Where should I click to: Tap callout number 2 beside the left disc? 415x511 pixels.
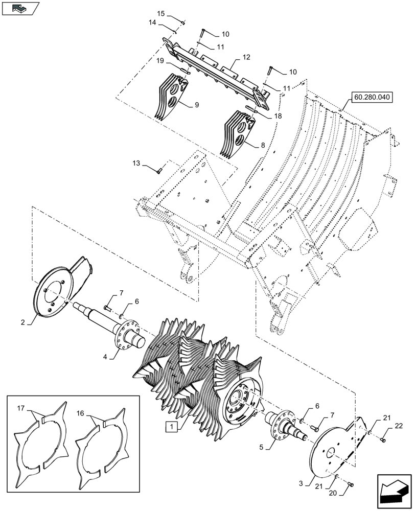(23, 322)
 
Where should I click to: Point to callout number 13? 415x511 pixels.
(135, 164)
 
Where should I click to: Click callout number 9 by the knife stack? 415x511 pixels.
(196, 105)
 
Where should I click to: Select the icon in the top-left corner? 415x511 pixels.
(20, 9)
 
